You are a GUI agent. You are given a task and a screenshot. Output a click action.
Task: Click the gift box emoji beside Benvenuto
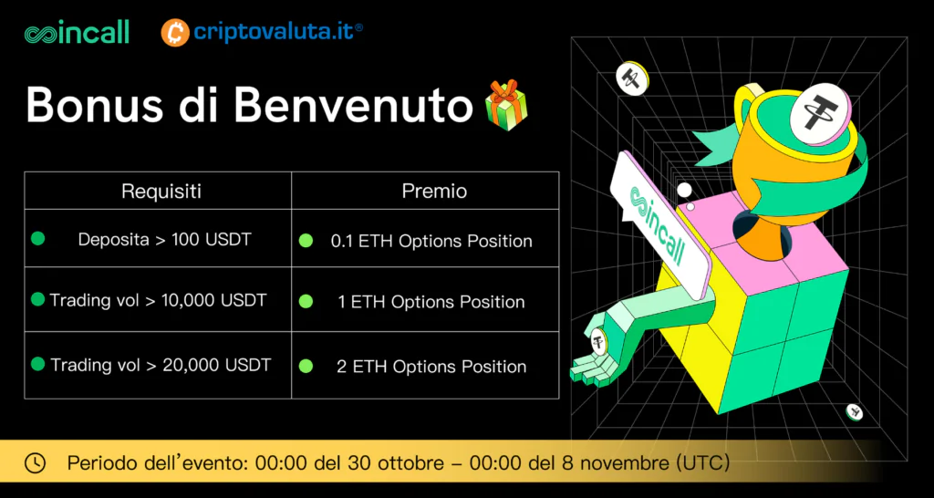(506, 106)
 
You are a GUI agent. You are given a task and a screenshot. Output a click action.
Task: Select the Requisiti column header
(161, 192)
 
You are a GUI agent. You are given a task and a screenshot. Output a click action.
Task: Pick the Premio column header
(434, 192)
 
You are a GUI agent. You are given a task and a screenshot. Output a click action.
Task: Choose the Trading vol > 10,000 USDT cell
(158, 300)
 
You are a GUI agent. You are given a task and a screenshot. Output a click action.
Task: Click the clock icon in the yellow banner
(36, 462)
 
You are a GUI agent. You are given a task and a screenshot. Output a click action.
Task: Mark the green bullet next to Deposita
(38, 239)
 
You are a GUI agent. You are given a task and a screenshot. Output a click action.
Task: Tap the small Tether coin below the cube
(854, 412)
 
